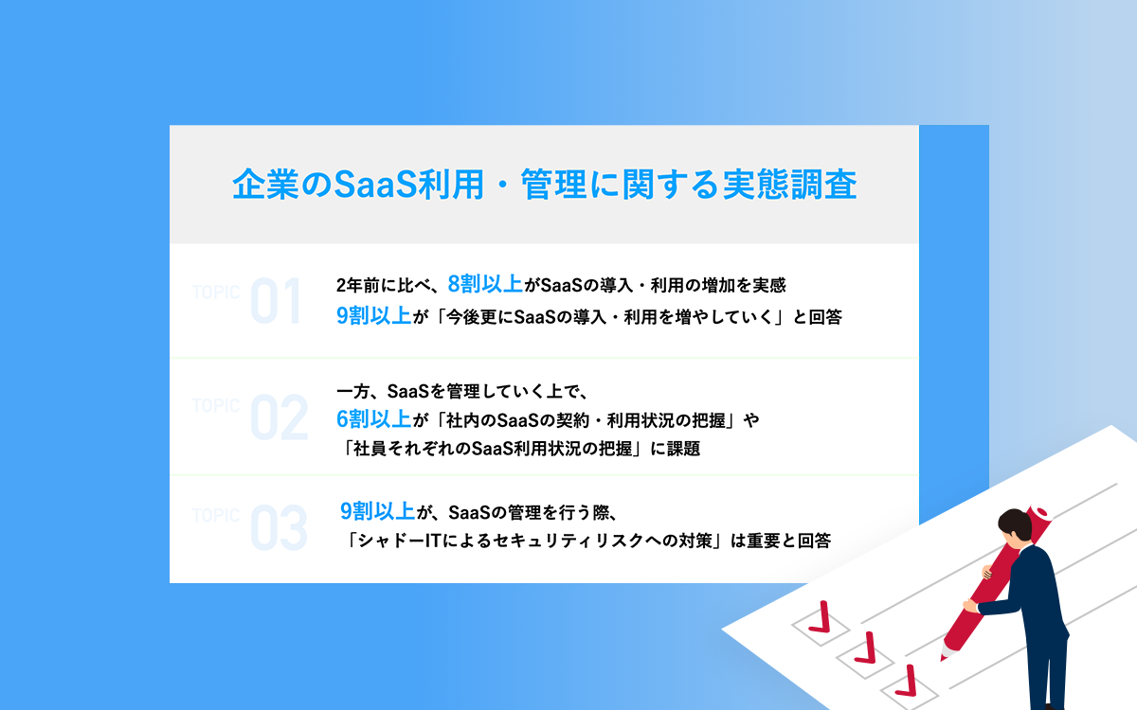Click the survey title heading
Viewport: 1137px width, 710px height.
tap(545, 184)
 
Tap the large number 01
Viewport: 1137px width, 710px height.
tap(277, 301)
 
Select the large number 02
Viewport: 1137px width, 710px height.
tap(280, 417)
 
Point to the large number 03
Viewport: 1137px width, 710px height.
tap(279, 527)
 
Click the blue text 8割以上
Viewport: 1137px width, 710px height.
tap(485, 285)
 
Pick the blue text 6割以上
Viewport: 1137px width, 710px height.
tap(373, 419)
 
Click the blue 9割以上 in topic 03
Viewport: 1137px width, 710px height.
tap(377, 511)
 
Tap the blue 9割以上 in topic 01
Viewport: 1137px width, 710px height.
tap(373, 316)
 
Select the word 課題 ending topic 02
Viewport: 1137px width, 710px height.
tap(683, 449)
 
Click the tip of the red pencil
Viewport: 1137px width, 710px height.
tap(943, 659)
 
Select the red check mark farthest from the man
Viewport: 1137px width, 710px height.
tap(821, 617)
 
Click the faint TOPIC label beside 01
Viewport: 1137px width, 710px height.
tap(216, 293)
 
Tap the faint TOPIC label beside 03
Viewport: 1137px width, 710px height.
tap(216, 516)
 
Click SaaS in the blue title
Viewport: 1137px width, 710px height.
tap(375, 184)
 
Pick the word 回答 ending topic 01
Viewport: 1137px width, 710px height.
tap(825, 317)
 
